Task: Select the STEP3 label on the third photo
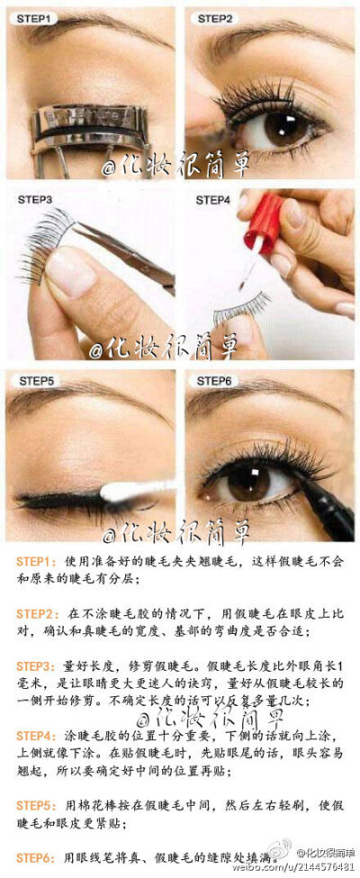pos(32,199)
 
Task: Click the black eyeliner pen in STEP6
pos(319,504)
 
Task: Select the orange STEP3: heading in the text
pos(37,665)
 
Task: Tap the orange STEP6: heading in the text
pos(37,857)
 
